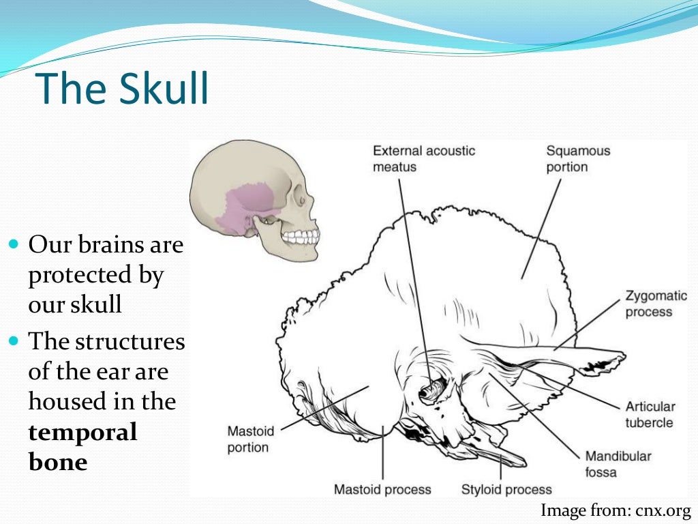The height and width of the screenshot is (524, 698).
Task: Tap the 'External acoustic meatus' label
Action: [x=423, y=158]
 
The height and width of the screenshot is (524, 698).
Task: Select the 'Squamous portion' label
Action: [x=578, y=158]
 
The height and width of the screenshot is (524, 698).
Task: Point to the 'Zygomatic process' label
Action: [x=656, y=304]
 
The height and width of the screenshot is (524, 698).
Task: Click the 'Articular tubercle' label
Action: [x=650, y=414]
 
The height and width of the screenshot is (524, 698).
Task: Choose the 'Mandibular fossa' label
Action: [x=618, y=464]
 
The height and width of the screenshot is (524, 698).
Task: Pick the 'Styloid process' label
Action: [x=506, y=489]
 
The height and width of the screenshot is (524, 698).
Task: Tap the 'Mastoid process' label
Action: [x=382, y=489]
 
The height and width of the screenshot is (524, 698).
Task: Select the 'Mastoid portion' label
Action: [x=250, y=439]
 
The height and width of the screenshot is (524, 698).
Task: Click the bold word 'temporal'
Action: [x=82, y=432]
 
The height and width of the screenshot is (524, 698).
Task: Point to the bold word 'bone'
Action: [x=58, y=462]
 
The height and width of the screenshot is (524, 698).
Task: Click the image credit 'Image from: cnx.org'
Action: [x=616, y=510]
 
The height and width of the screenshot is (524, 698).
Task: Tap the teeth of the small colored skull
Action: [x=301, y=237]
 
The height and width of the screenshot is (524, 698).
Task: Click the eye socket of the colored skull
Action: [x=299, y=198]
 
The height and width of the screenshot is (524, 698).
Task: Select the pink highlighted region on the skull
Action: [x=245, y=205]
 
